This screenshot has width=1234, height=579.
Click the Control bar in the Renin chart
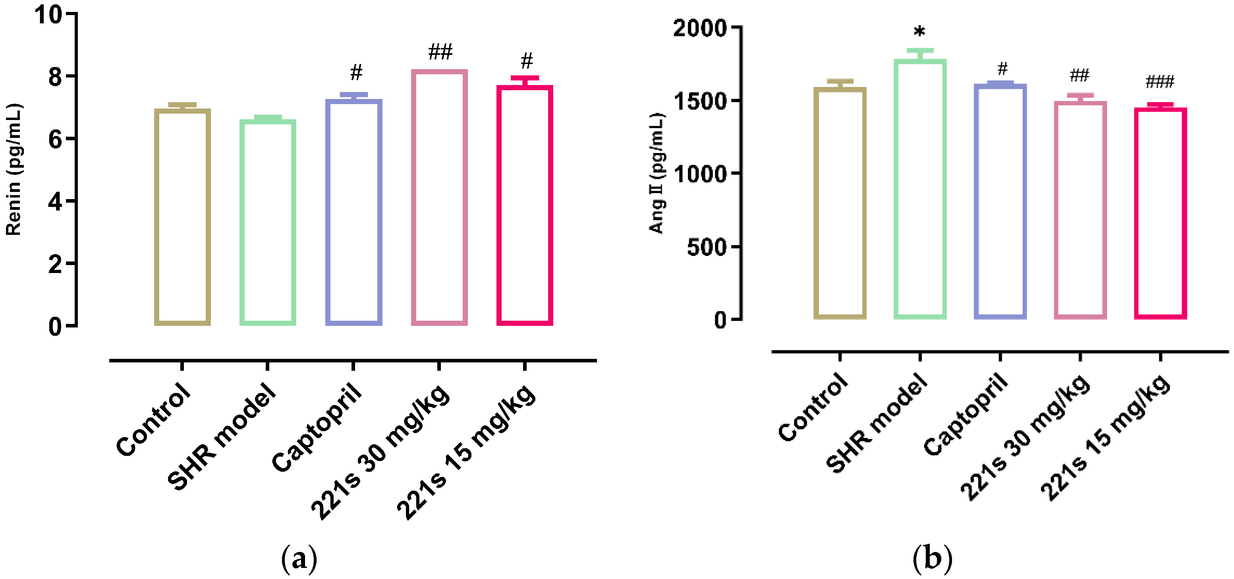pos(182,217)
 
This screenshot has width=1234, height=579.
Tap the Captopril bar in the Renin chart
pos(353,212)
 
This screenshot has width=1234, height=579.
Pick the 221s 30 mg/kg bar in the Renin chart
pos(439,197)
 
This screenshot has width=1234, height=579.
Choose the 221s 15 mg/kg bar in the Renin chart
pos(525,205)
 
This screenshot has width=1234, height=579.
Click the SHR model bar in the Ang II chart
pos(920,189)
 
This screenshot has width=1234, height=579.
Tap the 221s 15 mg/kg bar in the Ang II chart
pos(1160,213)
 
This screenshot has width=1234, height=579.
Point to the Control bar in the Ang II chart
pos(840,203)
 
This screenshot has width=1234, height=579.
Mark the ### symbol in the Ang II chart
pos(1160,82)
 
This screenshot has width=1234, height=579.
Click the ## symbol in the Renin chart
pos(440,51)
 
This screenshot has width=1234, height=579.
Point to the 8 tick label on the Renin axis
pos(55,77)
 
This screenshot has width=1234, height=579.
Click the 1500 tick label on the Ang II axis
pos(699,101)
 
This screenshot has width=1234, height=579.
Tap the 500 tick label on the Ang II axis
pos(706,247)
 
